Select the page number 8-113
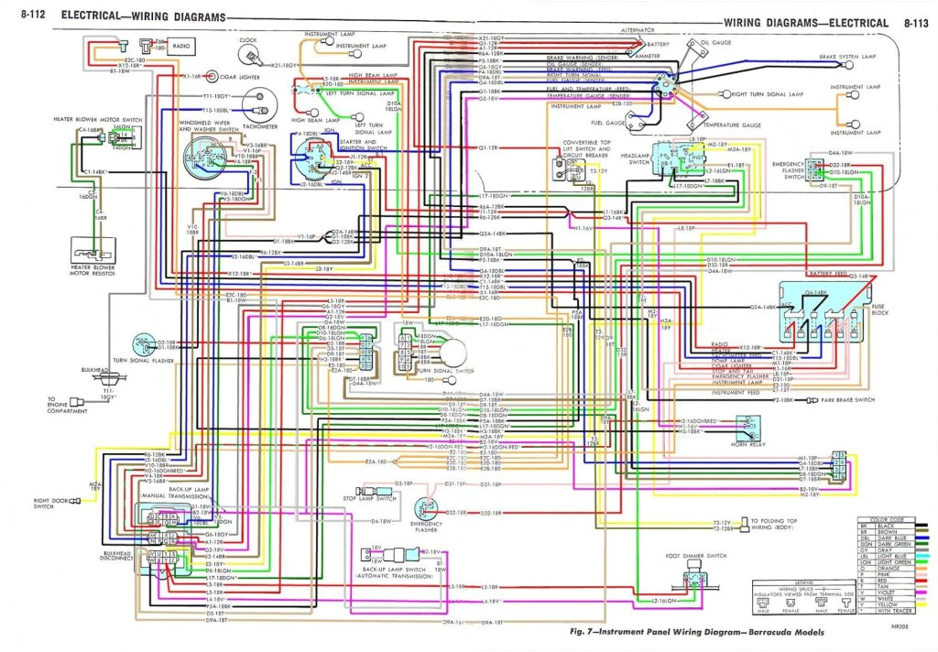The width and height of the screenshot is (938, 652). (916, 22)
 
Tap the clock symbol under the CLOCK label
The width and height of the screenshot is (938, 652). (248, 57)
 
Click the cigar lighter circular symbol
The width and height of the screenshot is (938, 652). (213, 76)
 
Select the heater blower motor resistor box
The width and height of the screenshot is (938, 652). (92, 247)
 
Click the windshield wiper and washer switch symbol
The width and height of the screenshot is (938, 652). (202, 158)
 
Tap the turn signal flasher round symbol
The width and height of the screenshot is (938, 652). (143, 345)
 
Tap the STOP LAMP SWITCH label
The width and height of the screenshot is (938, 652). (370, 498)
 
